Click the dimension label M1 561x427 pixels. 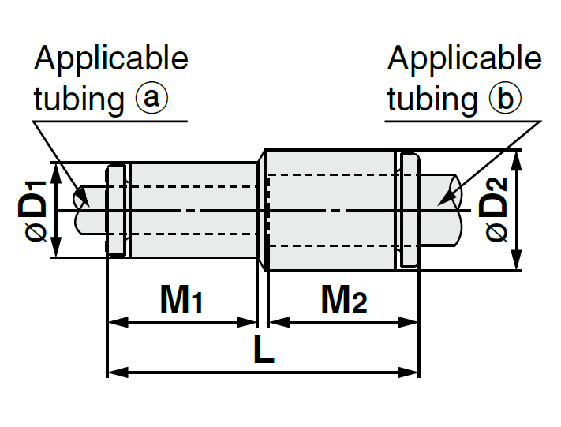(182, 299)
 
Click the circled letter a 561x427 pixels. (152, 99)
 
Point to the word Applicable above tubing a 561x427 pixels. (111, 58)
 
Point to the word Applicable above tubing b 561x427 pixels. (465, 58)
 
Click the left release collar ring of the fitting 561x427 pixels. (116, 210)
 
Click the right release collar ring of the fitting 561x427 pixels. (409, 210)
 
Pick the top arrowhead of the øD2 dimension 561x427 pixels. (518, 156)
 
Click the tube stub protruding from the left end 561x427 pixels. (89, 210)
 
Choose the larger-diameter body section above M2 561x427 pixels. (331, 210)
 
